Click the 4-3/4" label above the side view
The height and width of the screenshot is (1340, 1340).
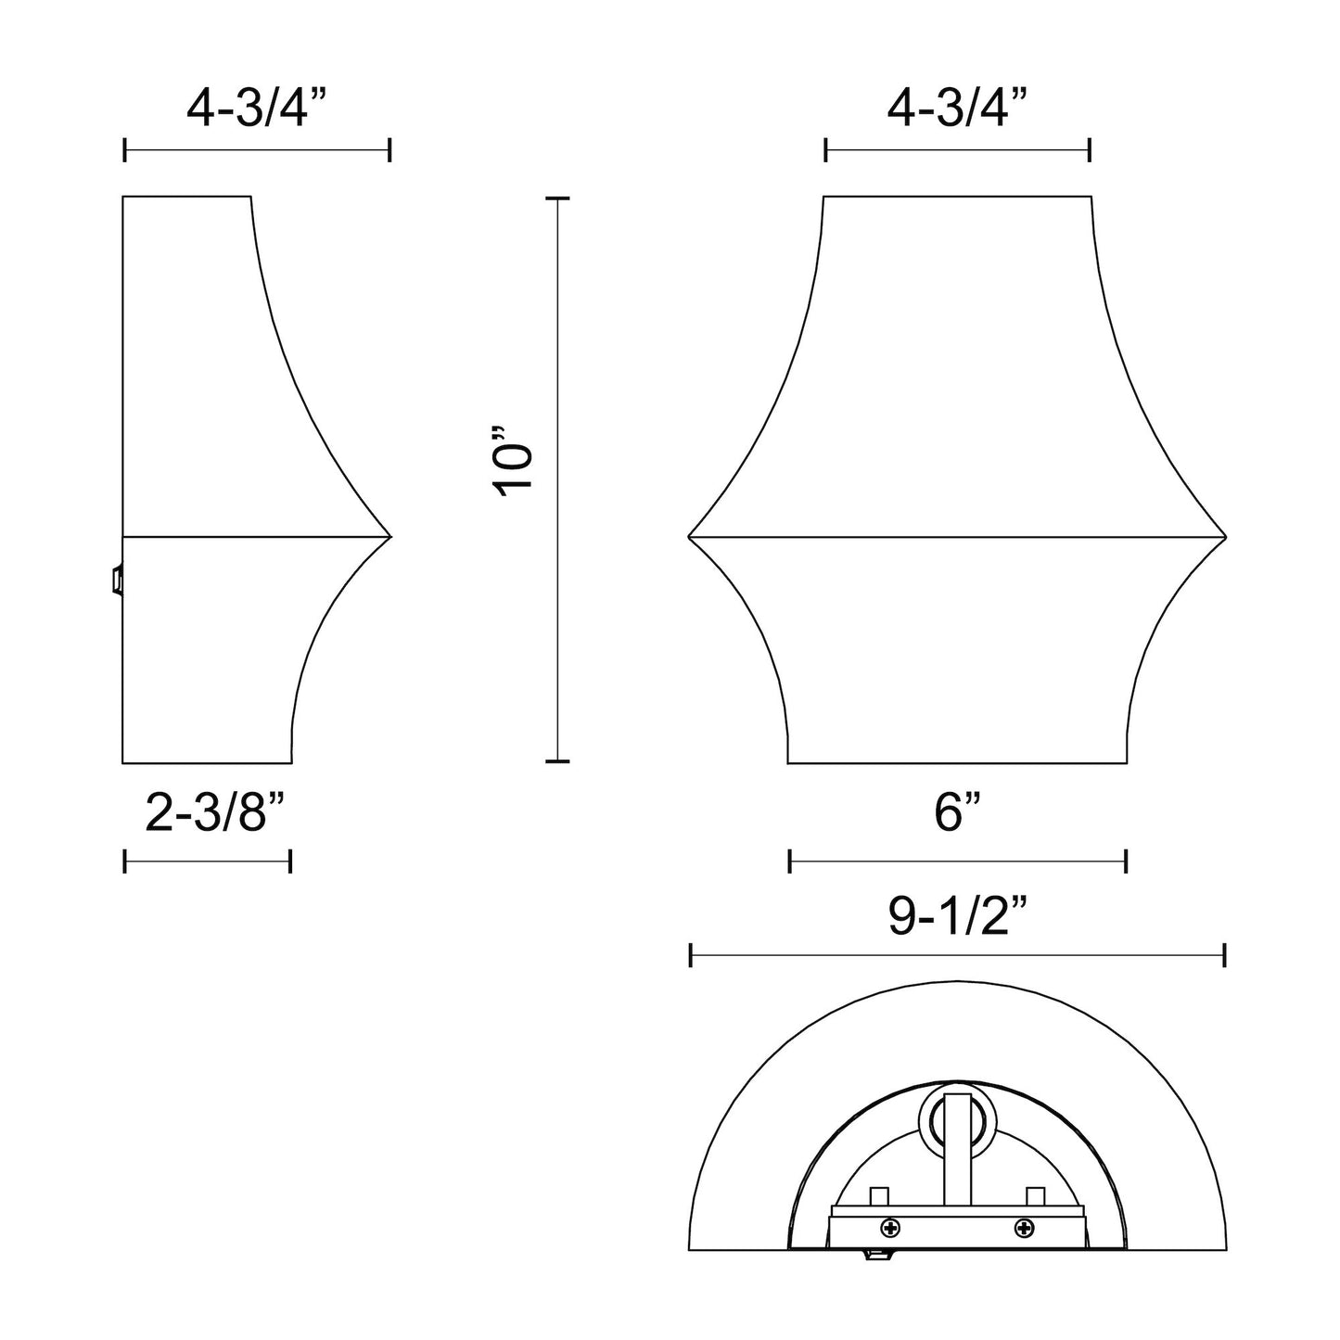[258, 109]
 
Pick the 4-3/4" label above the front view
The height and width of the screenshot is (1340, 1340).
[958, 109]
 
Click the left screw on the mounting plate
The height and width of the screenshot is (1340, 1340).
[891, 1229]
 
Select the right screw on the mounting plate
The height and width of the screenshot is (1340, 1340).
[1025, 1229]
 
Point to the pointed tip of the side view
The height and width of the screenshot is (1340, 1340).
[390, 536]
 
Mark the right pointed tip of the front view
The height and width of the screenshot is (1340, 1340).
[1225, 536]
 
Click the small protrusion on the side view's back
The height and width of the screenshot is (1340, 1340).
[117, 581]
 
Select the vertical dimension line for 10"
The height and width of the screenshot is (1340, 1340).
[557, 479]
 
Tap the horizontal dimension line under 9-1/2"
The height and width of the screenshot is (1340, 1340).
[958, 955]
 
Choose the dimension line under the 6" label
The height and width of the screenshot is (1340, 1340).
[958, 861]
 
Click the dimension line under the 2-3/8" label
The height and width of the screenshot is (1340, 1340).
[208, 861]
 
